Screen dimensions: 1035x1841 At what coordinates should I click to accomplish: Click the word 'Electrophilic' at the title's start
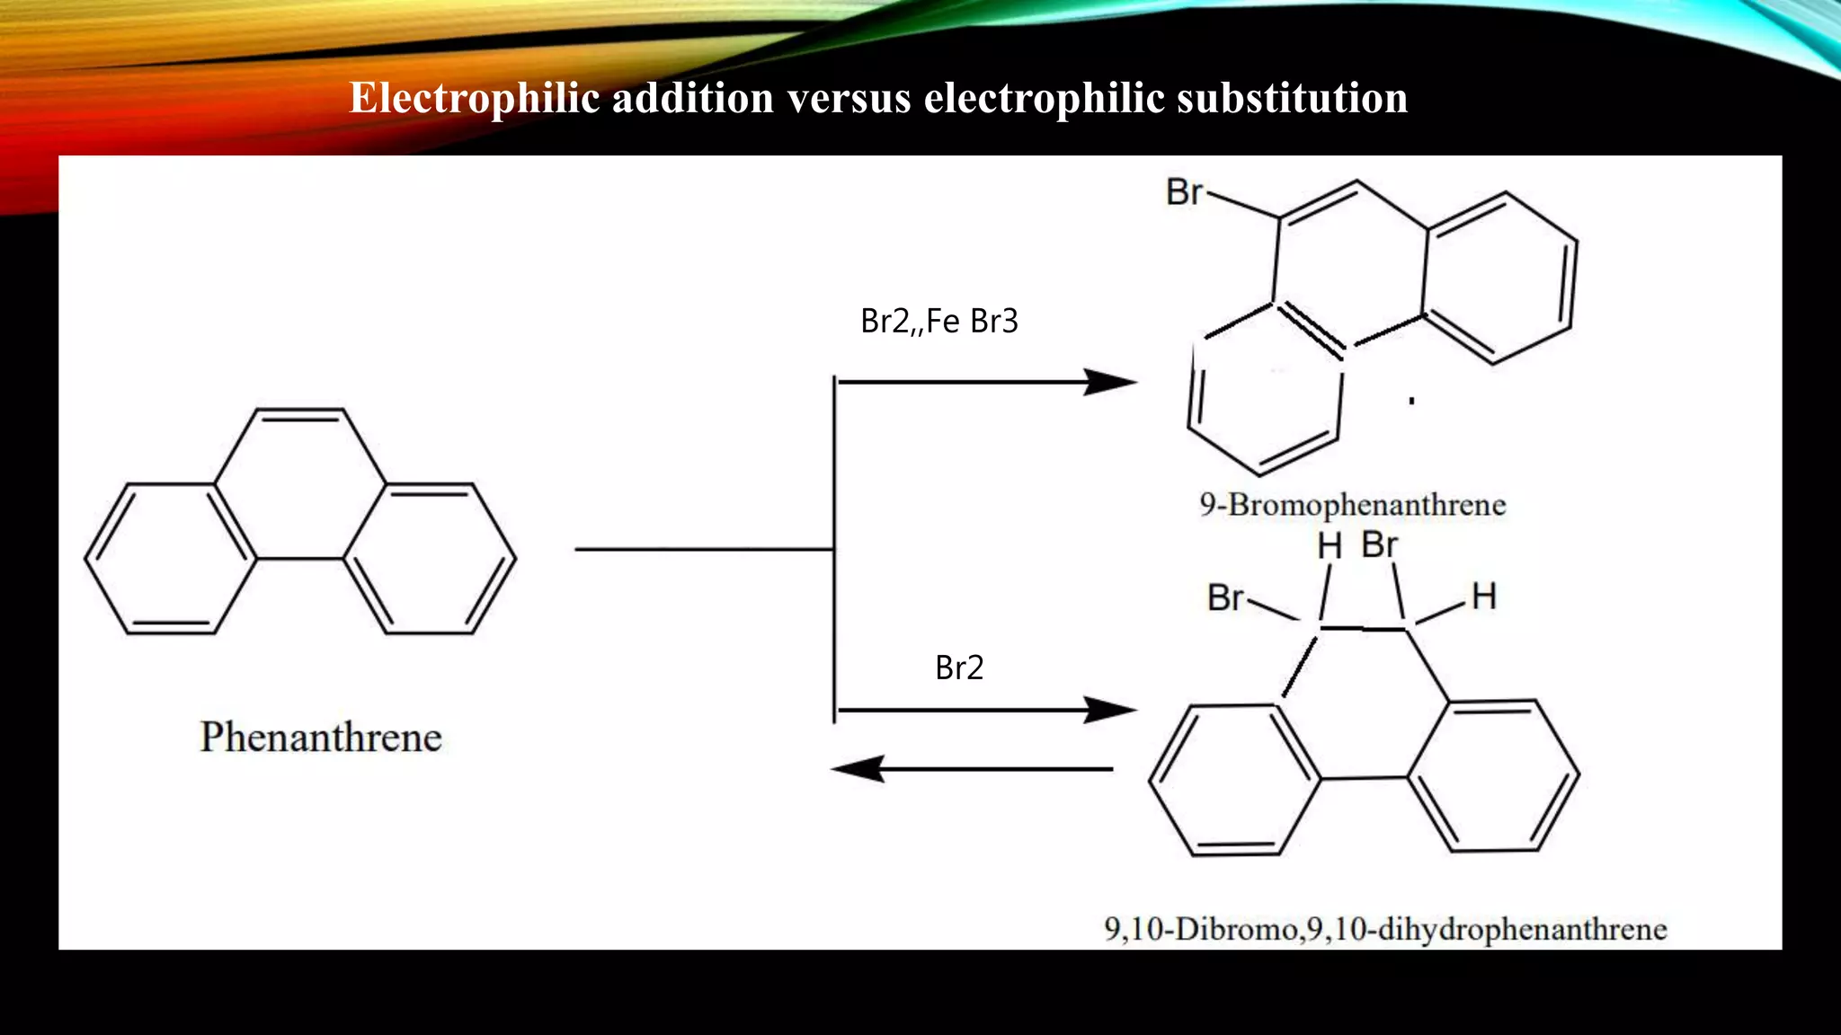click(474, 98)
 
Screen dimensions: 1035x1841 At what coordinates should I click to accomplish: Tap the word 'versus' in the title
click(849, 98)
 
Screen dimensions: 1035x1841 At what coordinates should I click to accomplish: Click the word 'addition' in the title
click(692, 98)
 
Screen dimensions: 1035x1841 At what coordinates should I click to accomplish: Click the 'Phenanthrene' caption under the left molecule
click(321, 738)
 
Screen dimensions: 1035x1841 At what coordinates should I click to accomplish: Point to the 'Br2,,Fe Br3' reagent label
click(939, 321)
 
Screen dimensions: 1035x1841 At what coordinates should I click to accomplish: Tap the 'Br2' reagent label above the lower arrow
click(959, 668)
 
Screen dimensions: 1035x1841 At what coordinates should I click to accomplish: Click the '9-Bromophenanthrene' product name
click(1352, 505)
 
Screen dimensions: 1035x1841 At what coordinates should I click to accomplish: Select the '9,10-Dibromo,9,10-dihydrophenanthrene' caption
click(1385, 929)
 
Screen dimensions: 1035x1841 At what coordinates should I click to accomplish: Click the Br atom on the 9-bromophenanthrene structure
click(1184, 192)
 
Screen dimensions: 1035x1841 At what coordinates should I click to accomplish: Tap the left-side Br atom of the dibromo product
click(1225, 597)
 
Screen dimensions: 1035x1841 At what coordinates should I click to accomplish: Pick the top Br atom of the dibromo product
click(1380, 544)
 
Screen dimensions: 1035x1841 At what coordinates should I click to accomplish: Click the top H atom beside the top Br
click(1330, 546)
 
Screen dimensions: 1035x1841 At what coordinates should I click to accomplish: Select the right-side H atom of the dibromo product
click(1484, 597)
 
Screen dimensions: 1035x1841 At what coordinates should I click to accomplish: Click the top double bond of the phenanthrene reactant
click(299, 415)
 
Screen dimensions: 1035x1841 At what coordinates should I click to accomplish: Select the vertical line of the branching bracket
click(834, 548)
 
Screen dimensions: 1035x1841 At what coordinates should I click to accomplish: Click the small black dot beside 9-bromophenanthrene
click(1412, 401)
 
